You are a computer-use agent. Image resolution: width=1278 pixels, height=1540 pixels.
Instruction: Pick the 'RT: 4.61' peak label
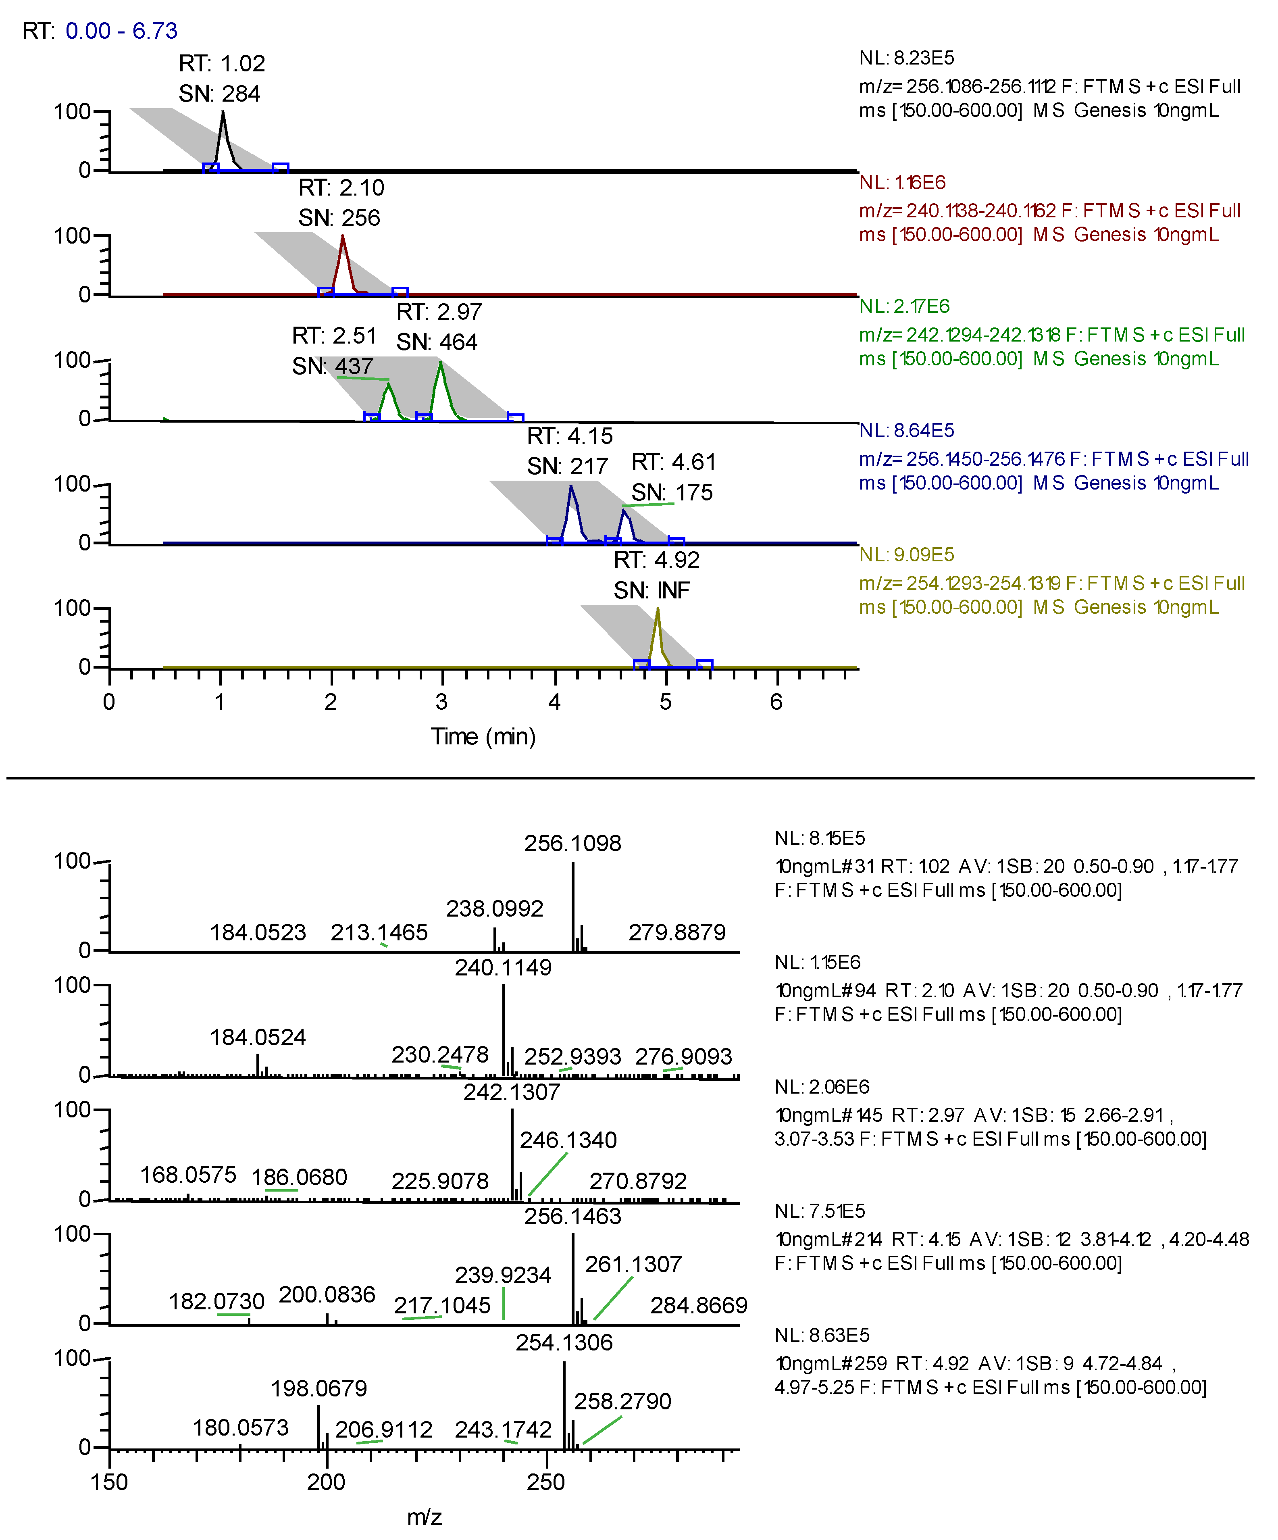click(673, 462)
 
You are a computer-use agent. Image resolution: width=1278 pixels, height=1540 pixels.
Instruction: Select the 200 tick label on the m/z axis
click(326, 1482)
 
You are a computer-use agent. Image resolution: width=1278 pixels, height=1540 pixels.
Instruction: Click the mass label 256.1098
click(572, 843)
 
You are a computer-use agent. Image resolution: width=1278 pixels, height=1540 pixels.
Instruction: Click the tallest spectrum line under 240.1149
click(504, 1027)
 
